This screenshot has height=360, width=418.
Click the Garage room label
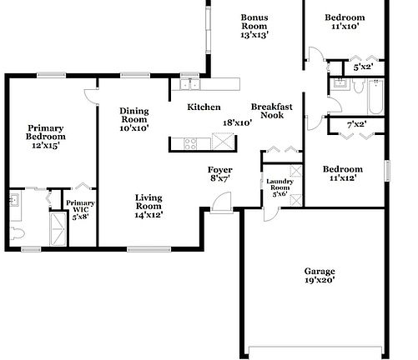[x=319, y=272]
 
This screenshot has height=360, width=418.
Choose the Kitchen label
[x=204, y=107]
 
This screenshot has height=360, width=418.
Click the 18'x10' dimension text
[x=237, y=123]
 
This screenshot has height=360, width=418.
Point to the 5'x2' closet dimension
[x=363, y=67]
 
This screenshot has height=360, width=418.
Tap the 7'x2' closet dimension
[x=356, y=125]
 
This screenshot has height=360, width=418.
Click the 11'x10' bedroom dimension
[x=345, y=27]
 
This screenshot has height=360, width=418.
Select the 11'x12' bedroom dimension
[x=345, y=177]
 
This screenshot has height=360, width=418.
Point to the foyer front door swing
[x=219, y=202]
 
